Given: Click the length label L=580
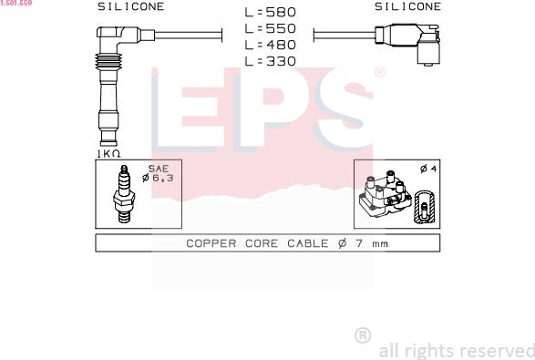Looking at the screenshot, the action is [x=270, y=12].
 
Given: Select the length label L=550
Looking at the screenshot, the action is [x=270, y=28].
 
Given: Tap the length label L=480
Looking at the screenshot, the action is [x=270, y=45].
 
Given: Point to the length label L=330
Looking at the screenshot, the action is [x=270, y=61].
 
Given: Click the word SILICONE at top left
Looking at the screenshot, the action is [x=131, y=6].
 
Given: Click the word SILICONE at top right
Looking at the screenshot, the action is [x=407, y=6].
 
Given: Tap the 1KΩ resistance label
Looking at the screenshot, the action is [x=108, y=154].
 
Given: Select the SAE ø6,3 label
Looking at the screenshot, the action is [x=158, y=173].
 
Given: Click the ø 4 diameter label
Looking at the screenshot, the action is [x=428, y=169].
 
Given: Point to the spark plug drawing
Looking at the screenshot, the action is [x=124, y=194].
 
